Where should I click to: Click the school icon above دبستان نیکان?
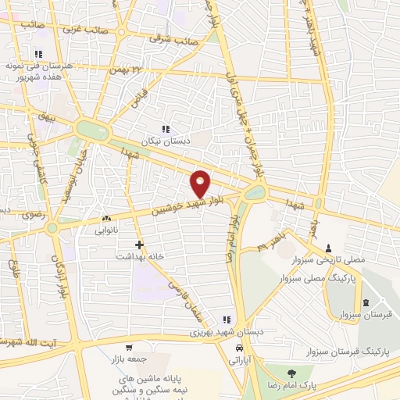[165, 128]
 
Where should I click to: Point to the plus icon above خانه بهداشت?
[140, 245]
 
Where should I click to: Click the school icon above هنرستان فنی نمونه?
[37, 54]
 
